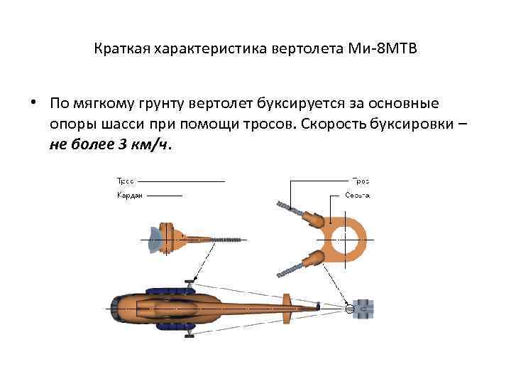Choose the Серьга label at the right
[x=358, y=195]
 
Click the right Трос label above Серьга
[x=361, y=181]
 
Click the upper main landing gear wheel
[x=189, y=283]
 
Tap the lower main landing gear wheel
[x=189, y=331]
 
